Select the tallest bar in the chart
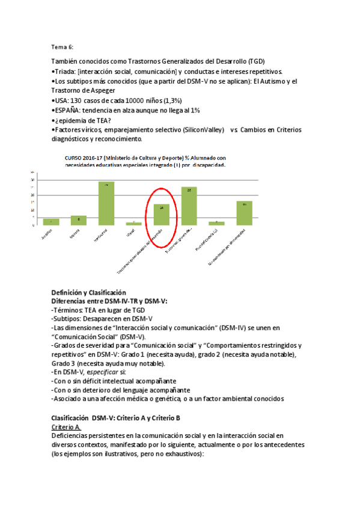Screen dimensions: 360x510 (106, 203)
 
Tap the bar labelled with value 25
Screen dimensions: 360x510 (189, 206)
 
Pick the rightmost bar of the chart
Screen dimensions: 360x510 (244, 213)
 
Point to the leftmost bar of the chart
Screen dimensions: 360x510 (51, 222)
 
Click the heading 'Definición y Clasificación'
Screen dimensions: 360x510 (88, 292)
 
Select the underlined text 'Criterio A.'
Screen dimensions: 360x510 (66, 426)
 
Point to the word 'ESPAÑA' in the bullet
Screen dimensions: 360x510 (68, 111)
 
